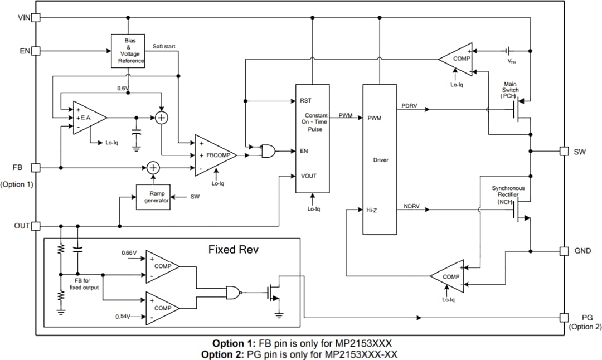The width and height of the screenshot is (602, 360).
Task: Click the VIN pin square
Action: (x=36, y=17)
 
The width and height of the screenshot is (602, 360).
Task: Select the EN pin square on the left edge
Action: (x=36, y=51)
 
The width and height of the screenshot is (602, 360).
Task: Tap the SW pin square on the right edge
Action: (x=564, y=151)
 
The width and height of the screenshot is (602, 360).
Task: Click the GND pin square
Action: (x=564, y=251)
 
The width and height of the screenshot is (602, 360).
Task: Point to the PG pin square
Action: (x=564, y=318)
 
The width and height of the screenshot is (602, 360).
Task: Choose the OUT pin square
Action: (x=36, y=226)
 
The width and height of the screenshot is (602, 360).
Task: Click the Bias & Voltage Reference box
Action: (x=128, y=51)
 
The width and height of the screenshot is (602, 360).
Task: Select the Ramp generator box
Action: (x=153, y=197)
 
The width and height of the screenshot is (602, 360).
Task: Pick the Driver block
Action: (x=380, y=159)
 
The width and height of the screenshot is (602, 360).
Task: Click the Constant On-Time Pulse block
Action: (x=312, y=138)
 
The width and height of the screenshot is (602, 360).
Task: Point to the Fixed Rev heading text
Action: (x=234, y=249)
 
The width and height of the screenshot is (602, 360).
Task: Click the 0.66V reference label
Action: (x=129, y=253)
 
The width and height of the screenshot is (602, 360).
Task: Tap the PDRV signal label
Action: (x=409, y=105)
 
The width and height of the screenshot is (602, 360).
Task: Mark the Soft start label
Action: (x=165, y=46)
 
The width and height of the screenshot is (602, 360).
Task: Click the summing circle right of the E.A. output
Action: (x=162, y=118)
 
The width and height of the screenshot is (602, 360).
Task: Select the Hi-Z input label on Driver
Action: (x=372, y=210)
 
